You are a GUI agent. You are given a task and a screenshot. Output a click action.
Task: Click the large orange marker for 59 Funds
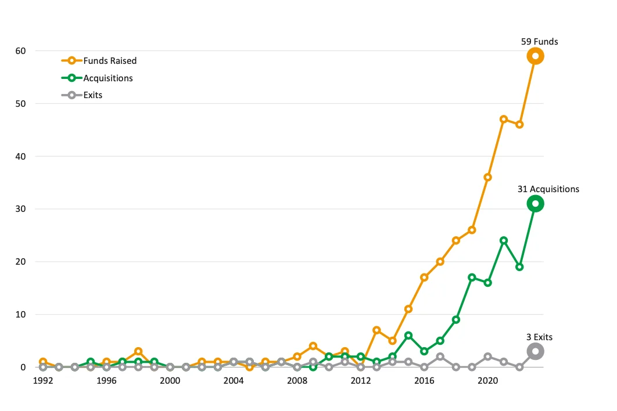(x=535, y=56)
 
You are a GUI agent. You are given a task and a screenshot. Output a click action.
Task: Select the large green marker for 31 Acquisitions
(x=535, y=204)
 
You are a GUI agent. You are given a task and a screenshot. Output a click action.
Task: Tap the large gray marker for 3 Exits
(x=535, y=351)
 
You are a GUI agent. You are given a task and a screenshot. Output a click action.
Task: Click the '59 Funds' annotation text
(x=539, y=41)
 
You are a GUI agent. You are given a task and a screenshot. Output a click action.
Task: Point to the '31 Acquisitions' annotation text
(x=548, y=189)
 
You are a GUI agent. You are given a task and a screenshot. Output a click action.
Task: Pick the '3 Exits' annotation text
(x=540, y=337)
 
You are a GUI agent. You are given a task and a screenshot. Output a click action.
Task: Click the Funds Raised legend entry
(x=110, y=60)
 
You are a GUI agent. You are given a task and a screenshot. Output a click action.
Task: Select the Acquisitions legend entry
(x=107, y=78)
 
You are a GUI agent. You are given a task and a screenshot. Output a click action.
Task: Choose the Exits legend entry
(x=92, y=95)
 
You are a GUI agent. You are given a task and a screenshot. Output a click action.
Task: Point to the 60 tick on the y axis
(x=20, y=51)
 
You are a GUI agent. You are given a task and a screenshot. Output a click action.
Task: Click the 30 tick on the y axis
(x=20, y=209)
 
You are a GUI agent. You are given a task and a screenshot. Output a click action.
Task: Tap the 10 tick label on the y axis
(x=20, y=315)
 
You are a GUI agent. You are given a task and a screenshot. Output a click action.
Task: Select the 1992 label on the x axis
(x=43, y=381)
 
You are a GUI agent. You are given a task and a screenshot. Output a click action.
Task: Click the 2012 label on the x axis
(x=361, y=381)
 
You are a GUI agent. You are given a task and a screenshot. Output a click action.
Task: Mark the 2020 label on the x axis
(x=488, y=381)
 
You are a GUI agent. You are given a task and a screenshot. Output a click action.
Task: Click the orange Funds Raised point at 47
(x=504, y=120)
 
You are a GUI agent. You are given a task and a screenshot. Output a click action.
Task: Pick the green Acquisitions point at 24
(x=504, y=240)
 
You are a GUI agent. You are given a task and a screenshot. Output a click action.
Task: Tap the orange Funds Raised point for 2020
(x=488, y=177)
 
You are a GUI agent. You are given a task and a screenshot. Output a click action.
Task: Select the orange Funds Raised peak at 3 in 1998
(x=138, y=352)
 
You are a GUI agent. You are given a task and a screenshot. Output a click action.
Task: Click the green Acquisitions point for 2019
(x=472, y=277)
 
